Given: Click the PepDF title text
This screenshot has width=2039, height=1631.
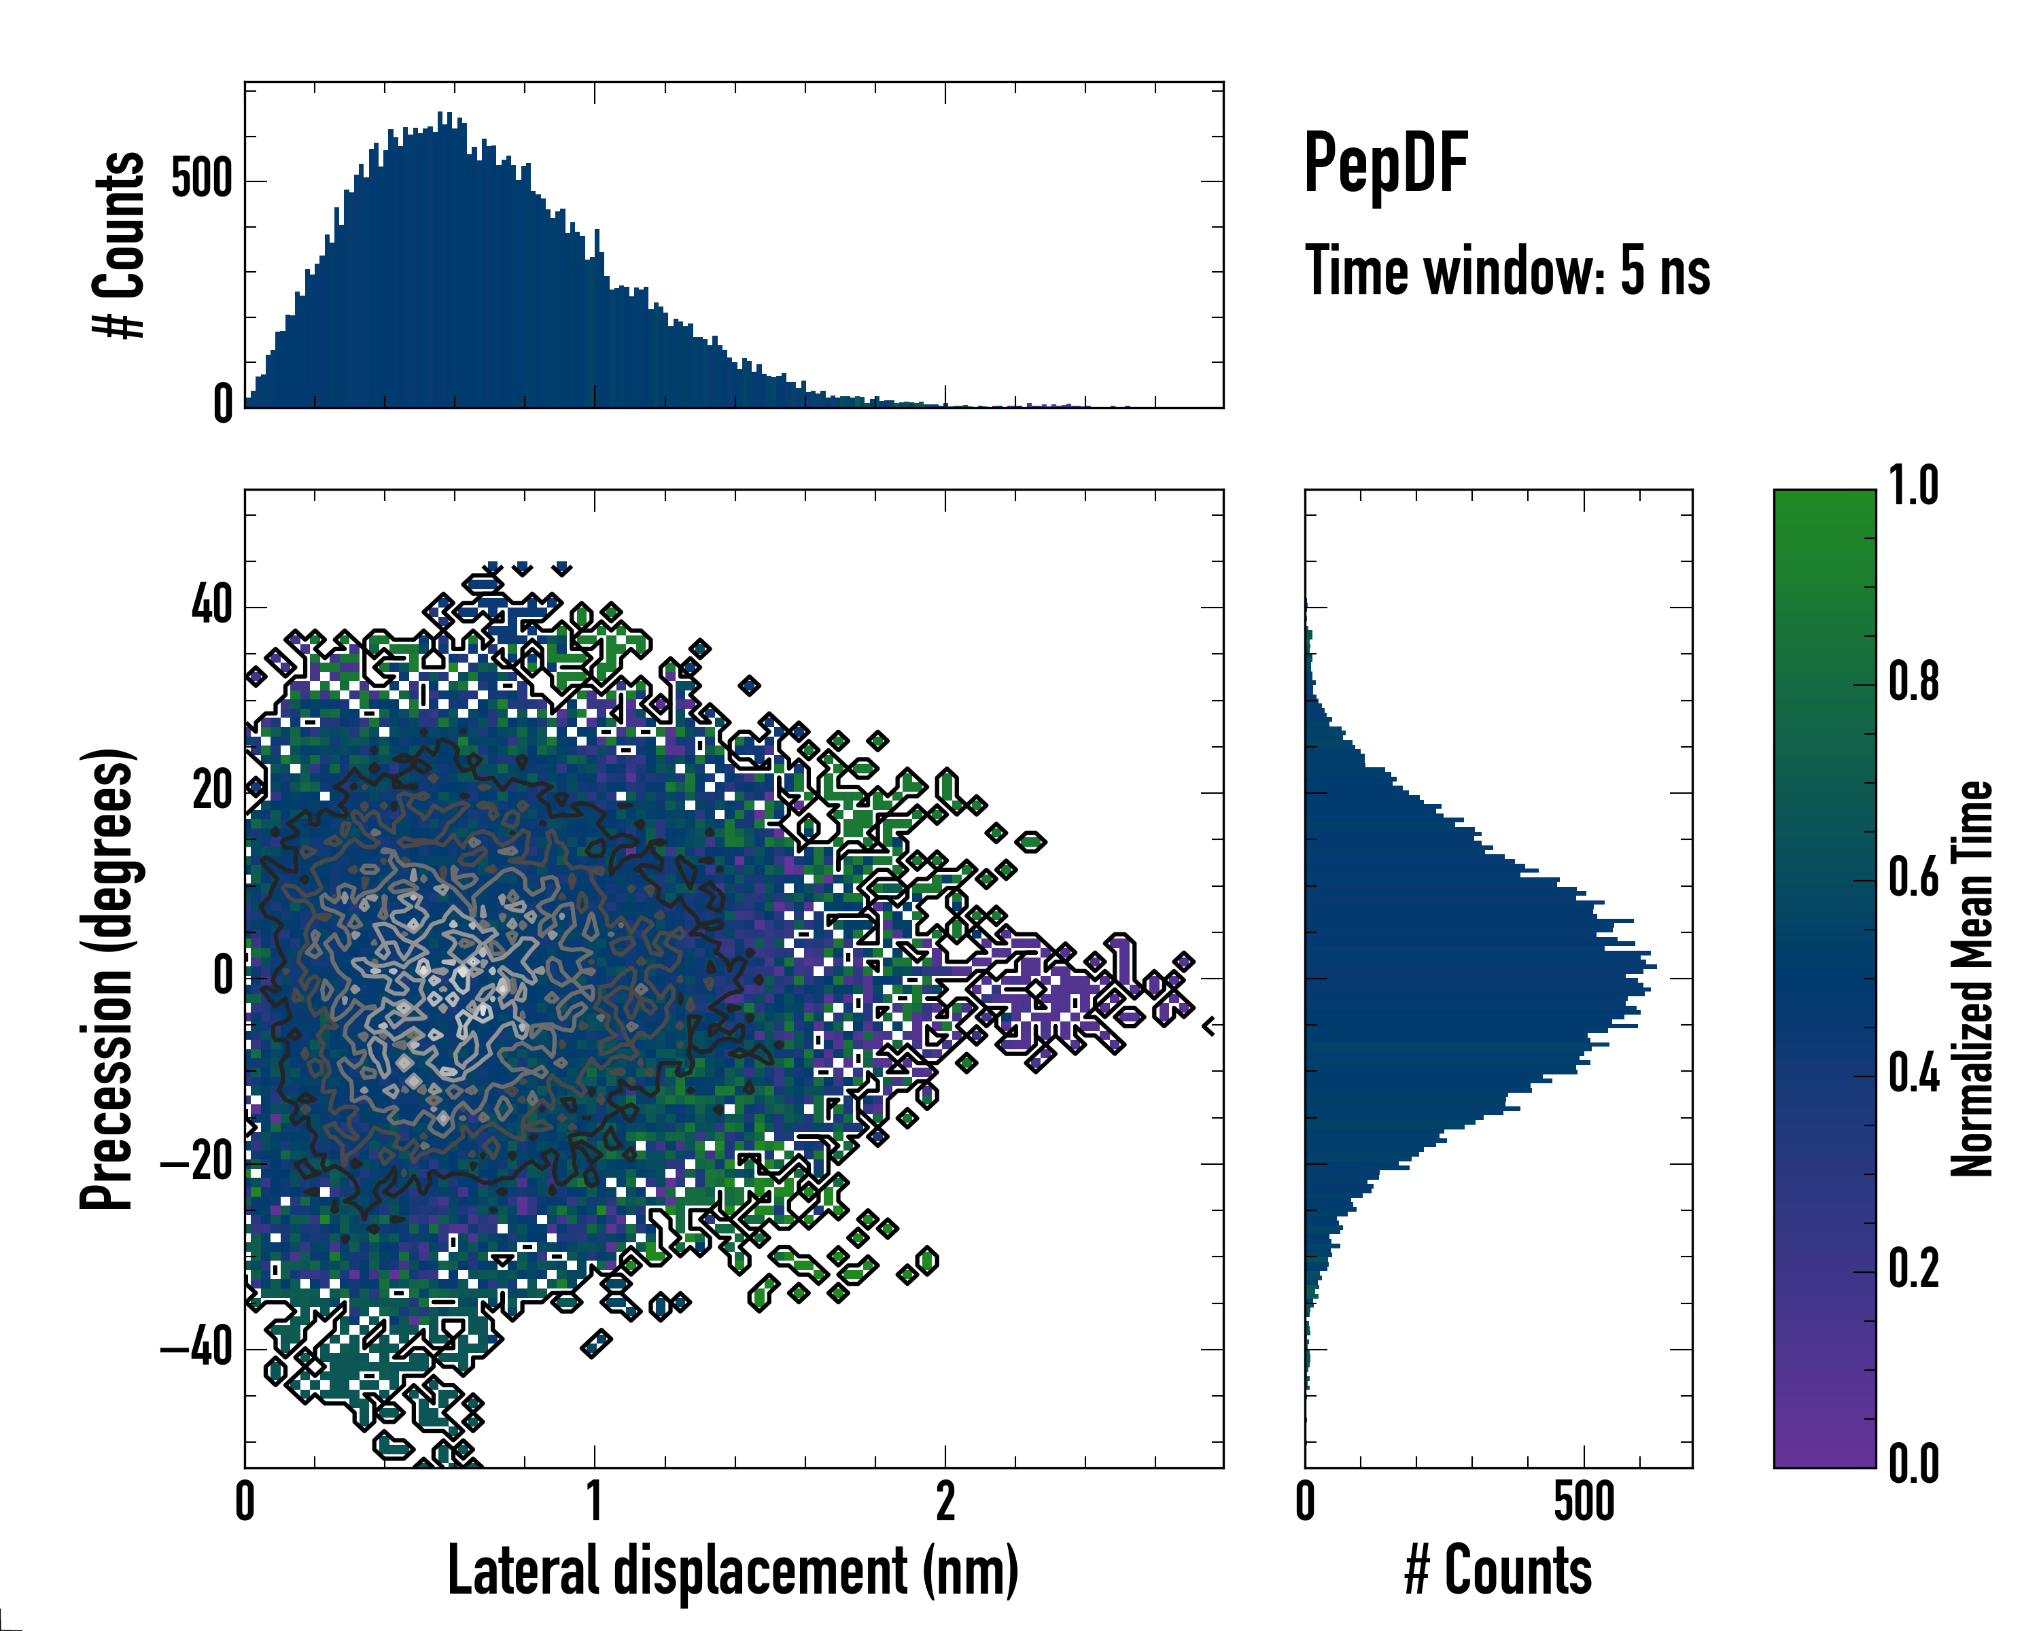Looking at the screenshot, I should point(1385,164).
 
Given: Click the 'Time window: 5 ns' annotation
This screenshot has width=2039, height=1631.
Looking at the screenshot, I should point(1507,271).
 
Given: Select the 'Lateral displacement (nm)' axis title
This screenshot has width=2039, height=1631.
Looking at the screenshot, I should point(733,1571).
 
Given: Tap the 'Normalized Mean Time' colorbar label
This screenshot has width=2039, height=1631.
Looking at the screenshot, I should point(1972,979).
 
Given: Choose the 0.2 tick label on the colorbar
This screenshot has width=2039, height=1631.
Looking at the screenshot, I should point(1913,1269).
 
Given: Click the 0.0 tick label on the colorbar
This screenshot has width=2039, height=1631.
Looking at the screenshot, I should point(1913,1464).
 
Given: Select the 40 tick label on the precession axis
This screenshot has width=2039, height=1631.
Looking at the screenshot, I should point(212,605).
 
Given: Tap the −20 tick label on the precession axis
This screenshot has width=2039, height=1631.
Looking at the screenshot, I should point(196,1162).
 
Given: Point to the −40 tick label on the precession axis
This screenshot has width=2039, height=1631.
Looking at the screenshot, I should point(196,1348).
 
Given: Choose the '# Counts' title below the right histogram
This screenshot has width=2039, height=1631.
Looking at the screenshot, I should point(1498,1571).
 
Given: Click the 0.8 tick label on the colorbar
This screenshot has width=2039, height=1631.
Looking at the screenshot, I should point(1913,683).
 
